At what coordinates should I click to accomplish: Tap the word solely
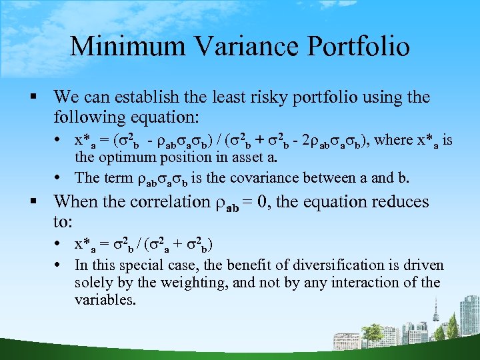[x=94, y=283]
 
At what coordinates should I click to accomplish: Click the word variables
[x=105, y=300]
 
